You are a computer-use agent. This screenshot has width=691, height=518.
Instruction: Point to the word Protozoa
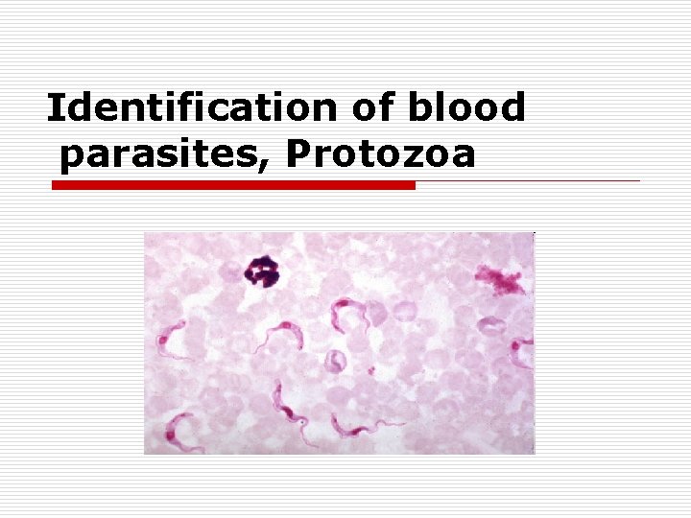380,153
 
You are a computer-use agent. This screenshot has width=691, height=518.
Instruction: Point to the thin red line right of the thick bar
528,180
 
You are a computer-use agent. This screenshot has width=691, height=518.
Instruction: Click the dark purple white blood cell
261,272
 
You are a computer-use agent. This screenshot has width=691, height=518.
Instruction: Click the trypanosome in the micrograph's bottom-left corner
182,432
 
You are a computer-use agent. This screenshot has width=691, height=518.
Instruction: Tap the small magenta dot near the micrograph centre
370,368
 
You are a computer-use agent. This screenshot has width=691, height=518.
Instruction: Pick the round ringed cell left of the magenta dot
335,362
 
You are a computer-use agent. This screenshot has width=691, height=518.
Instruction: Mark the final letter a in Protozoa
463,155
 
